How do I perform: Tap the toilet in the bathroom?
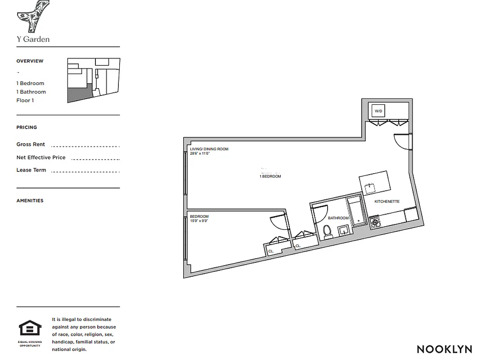pyautogui.click(x=328, y=230)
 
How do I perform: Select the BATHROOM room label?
pyautogui.click(x=338, y=218)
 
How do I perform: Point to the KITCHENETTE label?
pyautogui.click(x=387, y=202)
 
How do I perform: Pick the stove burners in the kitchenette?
pyautogui.click(x=374, y=221)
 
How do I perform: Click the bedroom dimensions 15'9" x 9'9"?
pyautogui.click(x=199, y=221)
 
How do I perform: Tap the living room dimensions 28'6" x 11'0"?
pyautogui.click(x=200, y=153)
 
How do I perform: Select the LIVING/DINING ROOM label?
pyautogui.click(x=209, y=149)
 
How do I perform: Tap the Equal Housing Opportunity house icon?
pyautogui.click(x=30, y=328)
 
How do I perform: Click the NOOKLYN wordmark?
pyautogui.click(x=444, y=349)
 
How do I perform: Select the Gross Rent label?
pyautogui.click(x=31, y=144)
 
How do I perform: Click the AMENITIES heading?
pyautogui.click(x=30, y=201)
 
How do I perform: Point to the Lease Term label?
pyautogui.click(x=31, y=170)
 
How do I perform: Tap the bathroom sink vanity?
pyautogui.click(x=344, y=230)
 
